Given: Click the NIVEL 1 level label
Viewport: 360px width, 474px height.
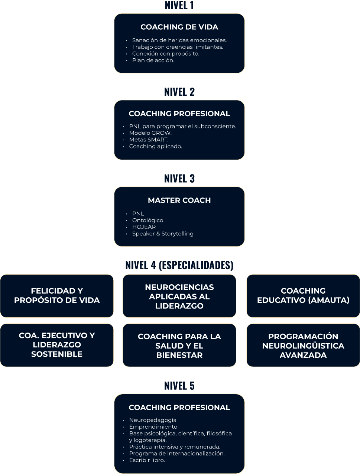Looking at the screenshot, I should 179,5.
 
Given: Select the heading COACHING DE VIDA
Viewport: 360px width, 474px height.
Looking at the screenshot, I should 179,27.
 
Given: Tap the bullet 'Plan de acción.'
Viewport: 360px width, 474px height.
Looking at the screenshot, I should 153,61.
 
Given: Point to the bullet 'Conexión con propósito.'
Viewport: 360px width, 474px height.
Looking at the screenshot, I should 166,54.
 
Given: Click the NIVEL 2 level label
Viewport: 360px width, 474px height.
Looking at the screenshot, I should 179,92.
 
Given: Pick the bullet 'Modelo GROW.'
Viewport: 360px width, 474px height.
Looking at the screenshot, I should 150,133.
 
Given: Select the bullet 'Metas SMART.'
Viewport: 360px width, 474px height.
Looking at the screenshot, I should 149,140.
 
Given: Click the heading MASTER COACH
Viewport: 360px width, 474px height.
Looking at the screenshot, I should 179,200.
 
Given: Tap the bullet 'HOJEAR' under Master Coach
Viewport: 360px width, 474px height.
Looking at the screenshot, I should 144,227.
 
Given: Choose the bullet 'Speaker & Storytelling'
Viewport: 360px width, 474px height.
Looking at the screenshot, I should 163,233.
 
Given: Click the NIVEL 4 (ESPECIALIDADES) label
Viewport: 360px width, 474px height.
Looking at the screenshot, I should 179,265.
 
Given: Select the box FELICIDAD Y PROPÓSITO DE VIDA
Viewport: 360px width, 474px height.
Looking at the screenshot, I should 57,296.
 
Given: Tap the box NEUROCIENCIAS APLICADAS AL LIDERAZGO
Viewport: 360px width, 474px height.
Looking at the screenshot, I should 179,296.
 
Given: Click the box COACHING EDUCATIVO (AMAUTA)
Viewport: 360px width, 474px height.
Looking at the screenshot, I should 303,296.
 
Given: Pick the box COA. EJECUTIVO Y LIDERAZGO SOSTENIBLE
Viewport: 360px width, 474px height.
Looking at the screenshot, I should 57,345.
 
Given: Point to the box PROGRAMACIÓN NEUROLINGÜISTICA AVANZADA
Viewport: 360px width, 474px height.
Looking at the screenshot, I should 303,346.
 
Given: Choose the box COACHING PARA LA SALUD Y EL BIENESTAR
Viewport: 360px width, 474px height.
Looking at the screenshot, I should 179,346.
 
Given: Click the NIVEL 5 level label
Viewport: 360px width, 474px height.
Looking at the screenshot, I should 179,386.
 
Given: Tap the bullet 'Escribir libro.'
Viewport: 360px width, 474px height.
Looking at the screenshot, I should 147,460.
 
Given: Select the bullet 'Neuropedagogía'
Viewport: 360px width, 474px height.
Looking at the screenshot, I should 153,420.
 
